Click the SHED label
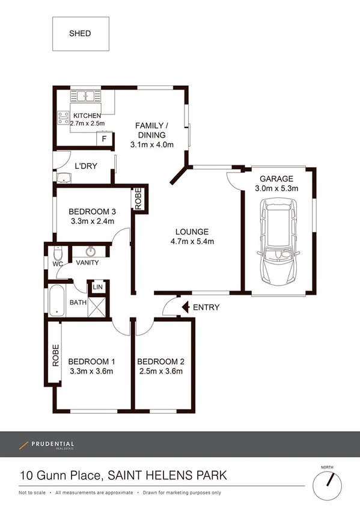pyautogui.click(x=80, y=34)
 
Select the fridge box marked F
pyautogui.click(x=105, y=139)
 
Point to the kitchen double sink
pyautogui.click(x=87, y=96)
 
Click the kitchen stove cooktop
pyautogui.click(x=63, y=118)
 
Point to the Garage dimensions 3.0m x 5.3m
pyautogui.click(x=276, y=189)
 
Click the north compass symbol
pyautogui.click(x=329, y=479)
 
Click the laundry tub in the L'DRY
pyautogui.click(x=64, y=177)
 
